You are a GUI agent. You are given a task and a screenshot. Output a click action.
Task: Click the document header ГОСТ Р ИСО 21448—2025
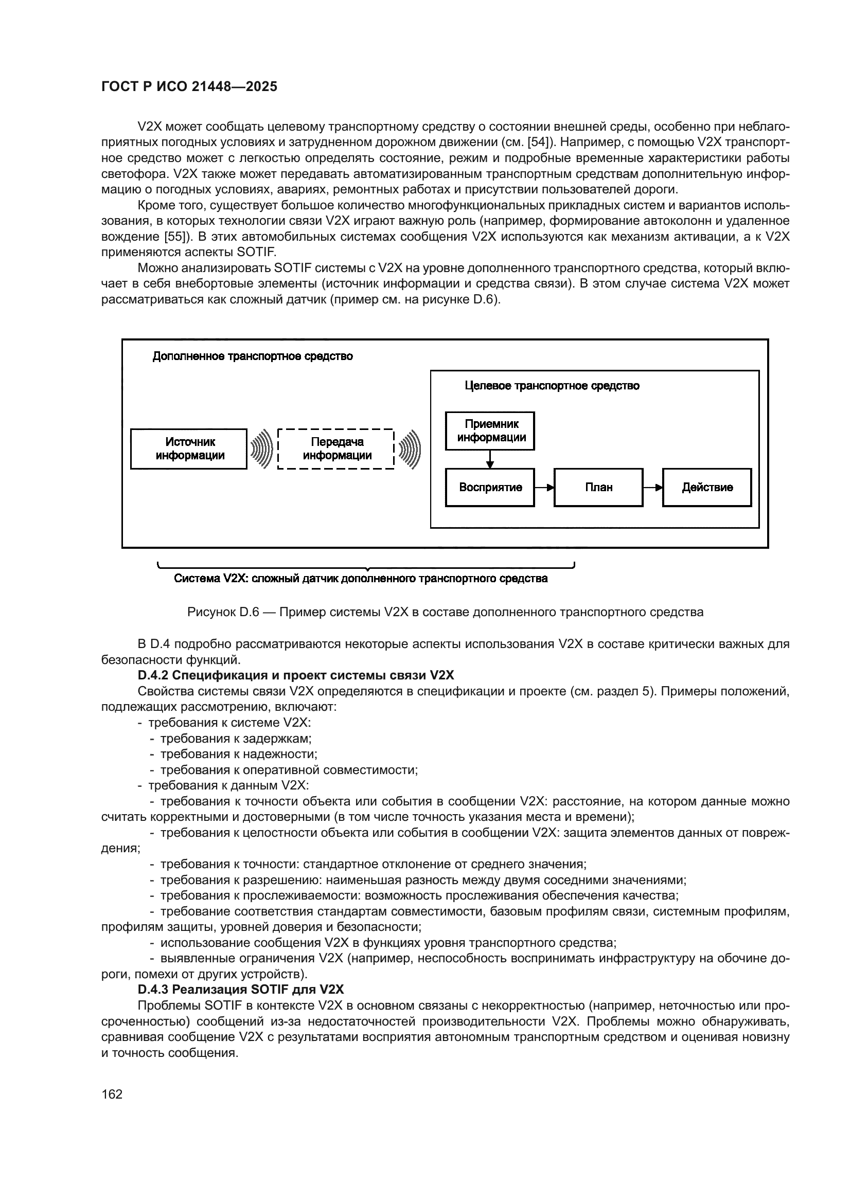click(x=189, y=87)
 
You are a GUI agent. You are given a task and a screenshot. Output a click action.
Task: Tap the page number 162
click(x=112, y=1094)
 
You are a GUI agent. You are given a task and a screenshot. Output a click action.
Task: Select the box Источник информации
click(x=189, y=449)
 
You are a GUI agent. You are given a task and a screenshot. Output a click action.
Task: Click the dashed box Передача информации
click(x=336, y=449)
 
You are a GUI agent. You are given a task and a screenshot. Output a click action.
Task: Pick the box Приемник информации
click(x=490, y=431)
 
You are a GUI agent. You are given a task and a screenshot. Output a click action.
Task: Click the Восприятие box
click(x=490, y=488)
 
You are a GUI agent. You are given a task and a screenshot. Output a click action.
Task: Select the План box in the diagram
click(x=598, y=488)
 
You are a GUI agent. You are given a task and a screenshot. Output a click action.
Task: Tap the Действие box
click(x=707, y=488)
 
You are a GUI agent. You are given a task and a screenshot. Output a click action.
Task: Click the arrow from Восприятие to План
click(x=544, y=488)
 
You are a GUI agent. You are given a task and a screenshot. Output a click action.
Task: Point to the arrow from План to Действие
click(x=653, y=488)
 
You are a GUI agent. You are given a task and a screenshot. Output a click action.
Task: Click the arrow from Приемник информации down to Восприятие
click(x=490, y=459)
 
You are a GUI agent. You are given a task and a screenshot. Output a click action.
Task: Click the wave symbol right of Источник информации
click(x=262, y=449)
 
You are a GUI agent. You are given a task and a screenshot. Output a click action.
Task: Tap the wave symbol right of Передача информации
click(x=410, y=449)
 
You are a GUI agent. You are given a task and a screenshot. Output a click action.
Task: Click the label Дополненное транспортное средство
click(x=253, y=356)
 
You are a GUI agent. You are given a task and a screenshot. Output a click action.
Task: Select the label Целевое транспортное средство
click(x=552, y=386)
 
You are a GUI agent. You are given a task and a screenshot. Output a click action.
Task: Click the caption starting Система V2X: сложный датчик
click(x=361, y=579)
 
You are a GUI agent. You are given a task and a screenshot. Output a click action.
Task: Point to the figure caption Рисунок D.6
click(x=446, y=612)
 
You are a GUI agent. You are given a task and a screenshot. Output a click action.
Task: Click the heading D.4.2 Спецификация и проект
click(x=296, y=675)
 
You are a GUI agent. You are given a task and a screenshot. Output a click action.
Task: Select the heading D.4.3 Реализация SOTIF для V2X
click(x=240, y=990)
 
